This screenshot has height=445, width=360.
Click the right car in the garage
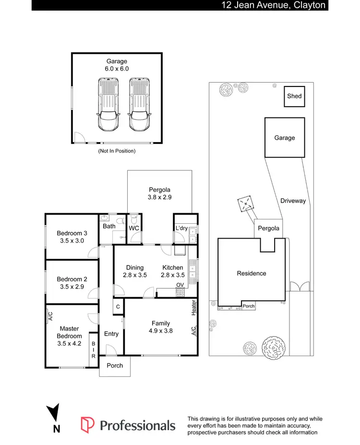[138, 105]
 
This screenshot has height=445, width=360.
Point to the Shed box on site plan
[294, 96]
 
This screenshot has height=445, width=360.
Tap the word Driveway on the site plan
[293, 201]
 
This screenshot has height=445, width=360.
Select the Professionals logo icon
[87, 425]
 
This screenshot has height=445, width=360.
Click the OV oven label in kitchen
[180, 285]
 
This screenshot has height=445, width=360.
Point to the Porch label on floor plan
[115, 366]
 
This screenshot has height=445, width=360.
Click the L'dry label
[181, 228]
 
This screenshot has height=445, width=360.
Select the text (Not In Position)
[117, 151]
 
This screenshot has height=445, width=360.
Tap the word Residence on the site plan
[251, 274]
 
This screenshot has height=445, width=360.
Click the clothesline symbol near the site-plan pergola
[246, 204]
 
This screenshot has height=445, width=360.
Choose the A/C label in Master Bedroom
[50, 315]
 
